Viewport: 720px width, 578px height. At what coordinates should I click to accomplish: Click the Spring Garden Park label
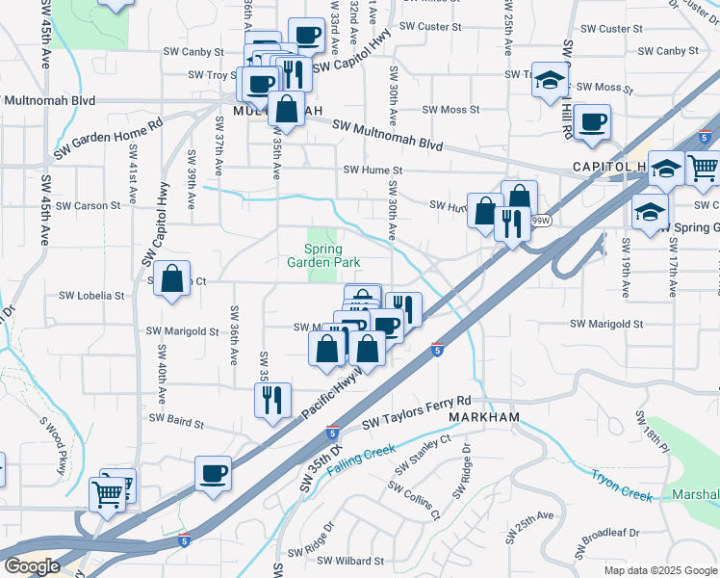(x=317, y=255)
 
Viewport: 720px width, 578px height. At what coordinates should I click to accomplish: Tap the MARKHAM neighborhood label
(x=484, y=417)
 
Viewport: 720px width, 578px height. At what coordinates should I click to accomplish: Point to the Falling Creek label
(x=361, y=458)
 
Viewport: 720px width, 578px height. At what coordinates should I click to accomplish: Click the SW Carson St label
(x=88, y=205)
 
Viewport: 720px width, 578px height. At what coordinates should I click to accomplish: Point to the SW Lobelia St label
(x=92, y=296)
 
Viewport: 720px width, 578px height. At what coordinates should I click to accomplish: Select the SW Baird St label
(x=176, y=422)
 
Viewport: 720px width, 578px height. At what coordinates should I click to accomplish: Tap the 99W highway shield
(x=541, y=221)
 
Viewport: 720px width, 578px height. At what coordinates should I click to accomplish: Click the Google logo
(x=31, y=566)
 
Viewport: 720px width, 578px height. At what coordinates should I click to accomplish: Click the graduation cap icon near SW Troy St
(x=550, y=78)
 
